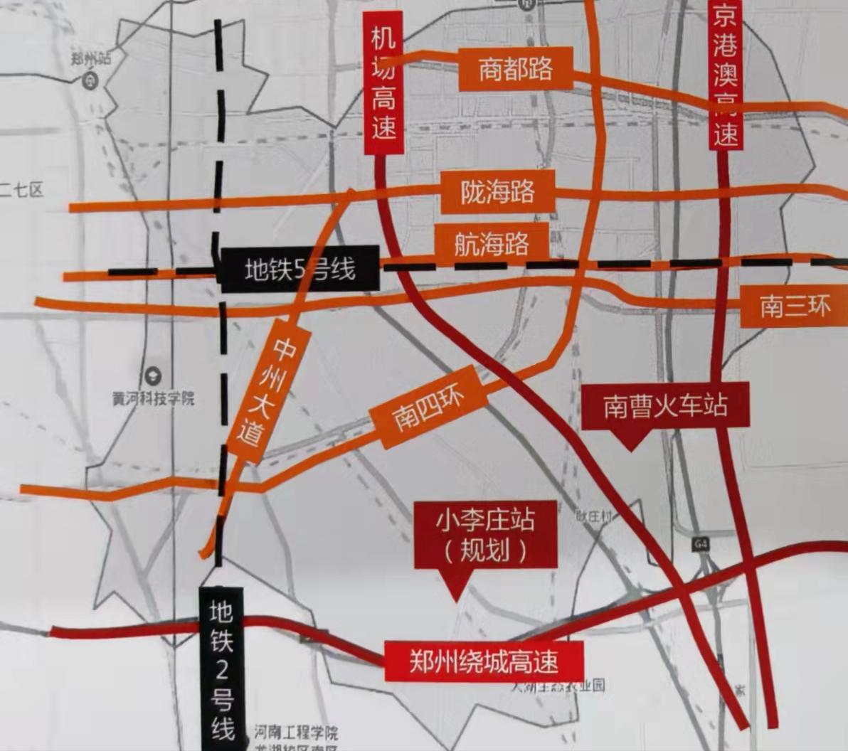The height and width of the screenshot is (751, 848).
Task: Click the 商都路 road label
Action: [x=516, y=69]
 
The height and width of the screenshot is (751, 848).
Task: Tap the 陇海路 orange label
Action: [x=497, y=192]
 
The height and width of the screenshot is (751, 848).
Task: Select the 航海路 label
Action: [x=492, y=244]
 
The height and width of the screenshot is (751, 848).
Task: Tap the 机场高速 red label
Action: [x=383, y=84]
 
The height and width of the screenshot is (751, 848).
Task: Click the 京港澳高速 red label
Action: [x=726, y=75]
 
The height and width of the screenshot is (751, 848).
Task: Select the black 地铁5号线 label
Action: [x=299, y=270]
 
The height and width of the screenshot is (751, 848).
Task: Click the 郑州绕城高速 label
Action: [x=484, y=662]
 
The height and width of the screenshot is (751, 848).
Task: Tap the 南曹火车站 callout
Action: [x=666, y=406]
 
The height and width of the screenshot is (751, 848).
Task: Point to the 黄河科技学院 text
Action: [x=153, y=398]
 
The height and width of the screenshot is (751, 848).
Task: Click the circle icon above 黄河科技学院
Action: [x=153, y=376]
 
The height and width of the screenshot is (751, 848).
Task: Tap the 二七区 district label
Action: [x=21, y=190]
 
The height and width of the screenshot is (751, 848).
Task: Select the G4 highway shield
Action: [x=702, y=544]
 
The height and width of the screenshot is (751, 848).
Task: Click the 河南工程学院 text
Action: [x=297, y=733]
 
